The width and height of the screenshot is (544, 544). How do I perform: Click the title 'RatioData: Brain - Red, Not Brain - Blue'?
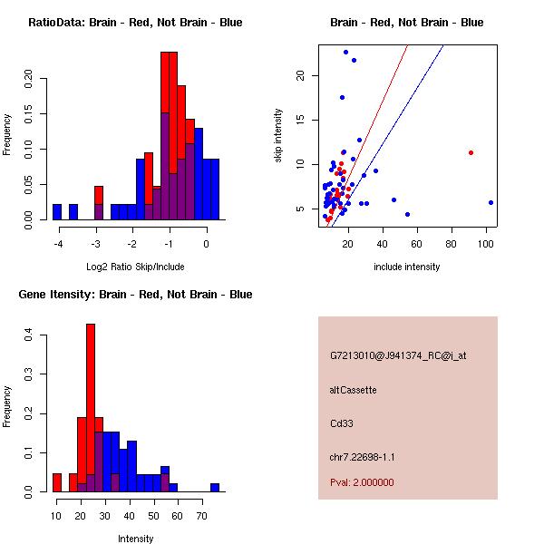point(135,22)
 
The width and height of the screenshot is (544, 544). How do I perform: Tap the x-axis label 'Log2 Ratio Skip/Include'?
point(135,267)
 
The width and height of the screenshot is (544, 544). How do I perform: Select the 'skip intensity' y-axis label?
point(278,136)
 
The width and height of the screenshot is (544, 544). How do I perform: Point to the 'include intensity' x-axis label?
point(407,267)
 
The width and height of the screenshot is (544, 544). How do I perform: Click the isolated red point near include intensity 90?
point(471,152)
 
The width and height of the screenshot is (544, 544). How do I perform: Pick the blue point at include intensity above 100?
point(491,202)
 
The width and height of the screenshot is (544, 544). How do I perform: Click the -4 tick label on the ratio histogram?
point(58,245)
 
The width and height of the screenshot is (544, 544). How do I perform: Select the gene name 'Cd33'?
point(341,423)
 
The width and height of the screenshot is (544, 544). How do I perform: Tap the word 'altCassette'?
point(353,390)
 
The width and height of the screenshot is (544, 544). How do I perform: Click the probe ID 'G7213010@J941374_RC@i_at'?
point(398,356)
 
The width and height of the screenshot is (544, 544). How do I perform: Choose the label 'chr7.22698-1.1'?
point(362,456)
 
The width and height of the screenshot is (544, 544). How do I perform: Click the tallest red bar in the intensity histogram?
point(91,408)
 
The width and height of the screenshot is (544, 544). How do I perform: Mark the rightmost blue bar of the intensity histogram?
point(215,487)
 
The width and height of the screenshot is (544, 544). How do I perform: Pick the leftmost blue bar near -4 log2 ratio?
point(57,212)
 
